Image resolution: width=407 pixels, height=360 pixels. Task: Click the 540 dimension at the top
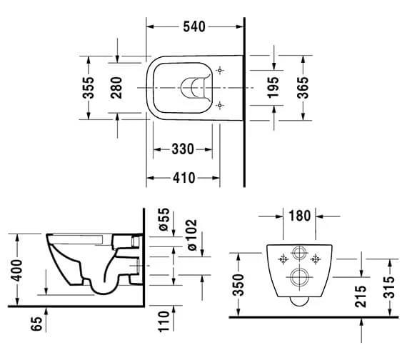tap(194, 26)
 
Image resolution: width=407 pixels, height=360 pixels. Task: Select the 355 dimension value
tap(89, 88)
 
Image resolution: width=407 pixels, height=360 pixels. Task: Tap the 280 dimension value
tap(116, 88)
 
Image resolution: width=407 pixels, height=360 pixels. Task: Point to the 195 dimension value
tap(273, 88)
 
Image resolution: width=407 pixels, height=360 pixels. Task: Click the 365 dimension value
tap(303, 88)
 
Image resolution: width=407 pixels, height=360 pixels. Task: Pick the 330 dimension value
tap(183, 149)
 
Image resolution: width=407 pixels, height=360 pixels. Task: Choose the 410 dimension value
tap(184, 178)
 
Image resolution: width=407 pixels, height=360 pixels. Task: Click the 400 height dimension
tap(16, 270)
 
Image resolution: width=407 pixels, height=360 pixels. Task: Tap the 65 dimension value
tap(36, 324)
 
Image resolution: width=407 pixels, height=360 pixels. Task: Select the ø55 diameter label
tap(164, 219)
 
